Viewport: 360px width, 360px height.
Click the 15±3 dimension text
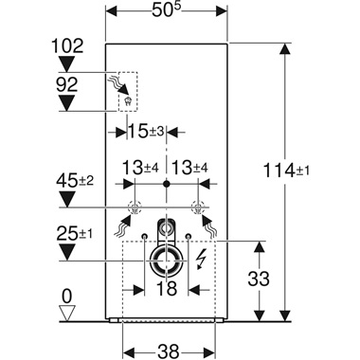(150, 129)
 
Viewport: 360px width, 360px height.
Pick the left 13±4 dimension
(138, 168)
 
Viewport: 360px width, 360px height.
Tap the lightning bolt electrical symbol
(202, 257)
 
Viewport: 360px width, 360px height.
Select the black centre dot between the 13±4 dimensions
(167, 181)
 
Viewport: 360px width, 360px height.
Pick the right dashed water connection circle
(197, 208)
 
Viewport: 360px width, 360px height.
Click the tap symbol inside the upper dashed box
(126, 96)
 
